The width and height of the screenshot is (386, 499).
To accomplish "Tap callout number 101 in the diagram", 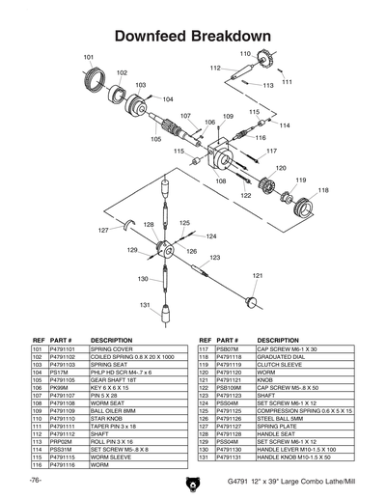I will coord(89,58).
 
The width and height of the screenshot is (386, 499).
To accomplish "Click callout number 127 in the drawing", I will coord(103,231).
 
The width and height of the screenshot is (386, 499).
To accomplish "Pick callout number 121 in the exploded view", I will coord(257,276).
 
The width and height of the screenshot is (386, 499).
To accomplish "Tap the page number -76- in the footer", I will coord(35,480).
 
